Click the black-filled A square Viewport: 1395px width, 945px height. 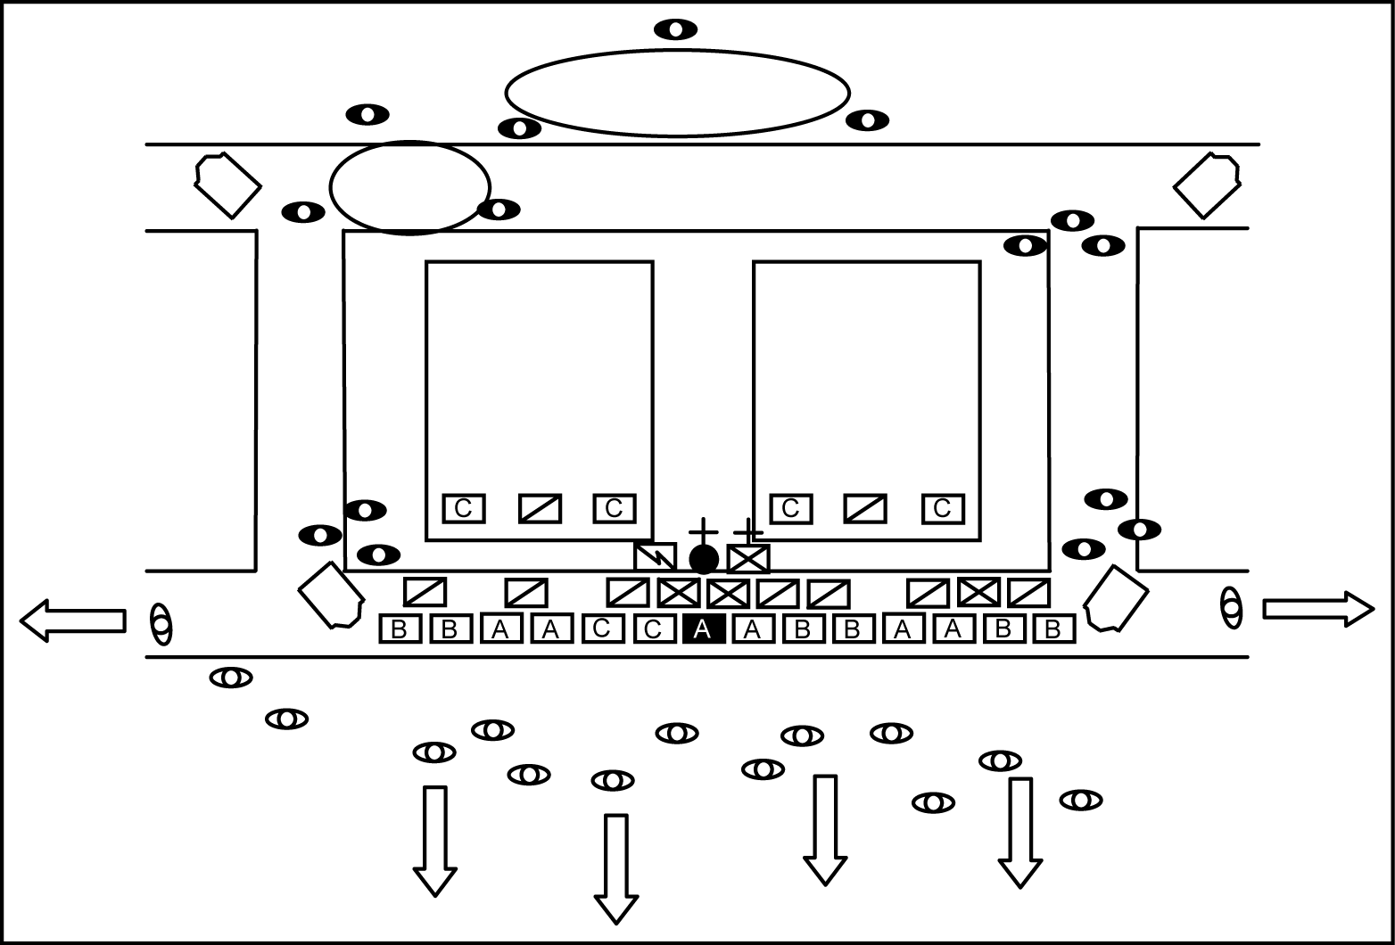coord(702,629)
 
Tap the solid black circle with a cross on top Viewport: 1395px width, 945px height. coord(704,559)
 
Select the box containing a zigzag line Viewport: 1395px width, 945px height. coord(655,557)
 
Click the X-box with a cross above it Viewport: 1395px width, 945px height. coord(748,559)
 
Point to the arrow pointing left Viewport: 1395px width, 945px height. coord(72,620)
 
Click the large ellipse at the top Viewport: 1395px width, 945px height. coord(677,92)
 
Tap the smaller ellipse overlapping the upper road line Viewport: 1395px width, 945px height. coord(410,187)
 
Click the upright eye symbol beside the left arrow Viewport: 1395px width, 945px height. coord(161,623)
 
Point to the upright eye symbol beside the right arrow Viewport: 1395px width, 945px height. coord(1231,608)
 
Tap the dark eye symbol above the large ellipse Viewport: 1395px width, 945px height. coord(676,29)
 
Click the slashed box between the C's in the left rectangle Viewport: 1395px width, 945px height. coord(540,508)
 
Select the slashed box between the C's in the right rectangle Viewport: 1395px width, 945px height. coord(865,508)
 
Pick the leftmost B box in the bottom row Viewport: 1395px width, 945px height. coord(400,629)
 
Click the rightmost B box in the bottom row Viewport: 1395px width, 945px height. coord(1053,629)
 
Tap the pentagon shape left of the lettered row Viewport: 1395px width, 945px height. coord(331,595)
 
